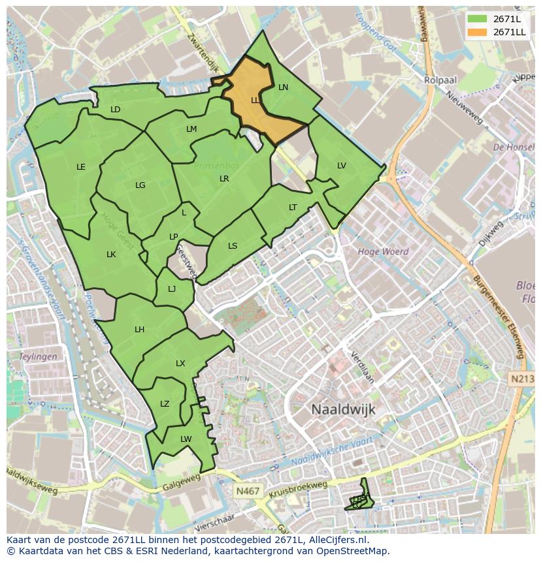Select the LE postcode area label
pos(81,167)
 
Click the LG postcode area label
pos(140,185)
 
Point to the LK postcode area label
pos(111,255)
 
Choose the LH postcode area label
pos(139,330)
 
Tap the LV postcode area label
pos(342,166)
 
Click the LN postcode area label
pos(283,87)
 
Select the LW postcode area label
pos(186,439)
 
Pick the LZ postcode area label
pos(165,404)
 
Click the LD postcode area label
pos(116,110)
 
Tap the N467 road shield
pos(248,489)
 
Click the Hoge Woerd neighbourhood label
pos(383,251)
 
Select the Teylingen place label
pos(38,357)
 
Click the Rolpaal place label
pos(440,80)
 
